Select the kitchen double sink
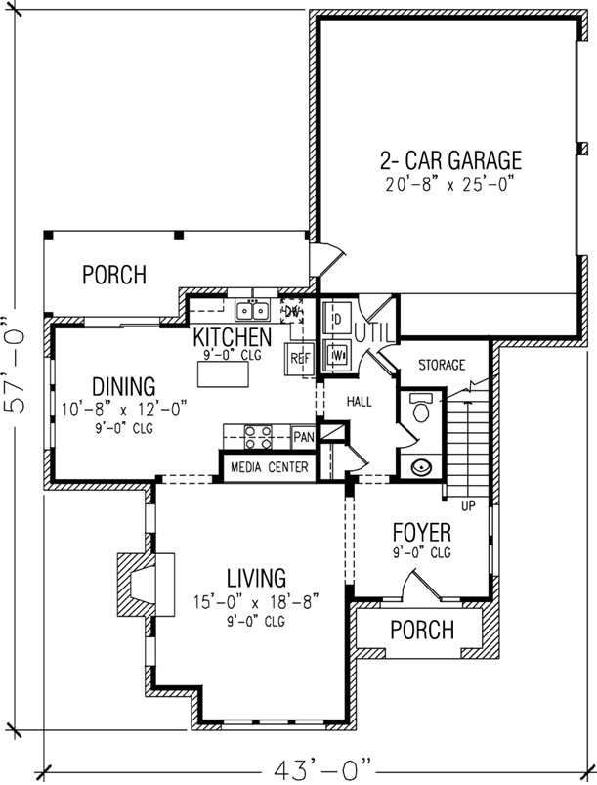252,311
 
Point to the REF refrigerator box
299,359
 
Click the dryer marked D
336,319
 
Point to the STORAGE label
442,366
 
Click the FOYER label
421,534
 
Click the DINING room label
123,384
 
